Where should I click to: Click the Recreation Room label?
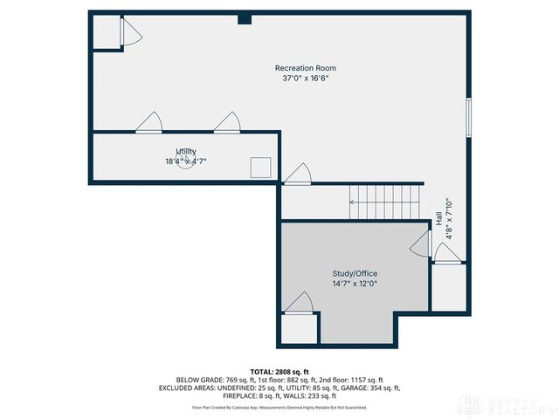coord(305,68)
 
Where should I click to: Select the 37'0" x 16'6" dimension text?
coord(305,78)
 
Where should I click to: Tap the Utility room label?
coord(186,151)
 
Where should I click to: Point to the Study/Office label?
coord(354,273)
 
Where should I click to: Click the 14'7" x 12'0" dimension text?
coord(354,283)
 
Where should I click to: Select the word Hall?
coord(438,221)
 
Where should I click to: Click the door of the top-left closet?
coord(131,33)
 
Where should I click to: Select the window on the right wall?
coord(469,117)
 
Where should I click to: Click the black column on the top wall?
coord(245,18)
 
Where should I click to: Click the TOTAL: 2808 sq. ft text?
coord(279,371)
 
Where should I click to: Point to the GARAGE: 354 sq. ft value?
coord(374,388)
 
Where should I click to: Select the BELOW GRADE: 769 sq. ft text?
coord(213,380)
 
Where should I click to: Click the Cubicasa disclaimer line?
coord(279,408)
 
